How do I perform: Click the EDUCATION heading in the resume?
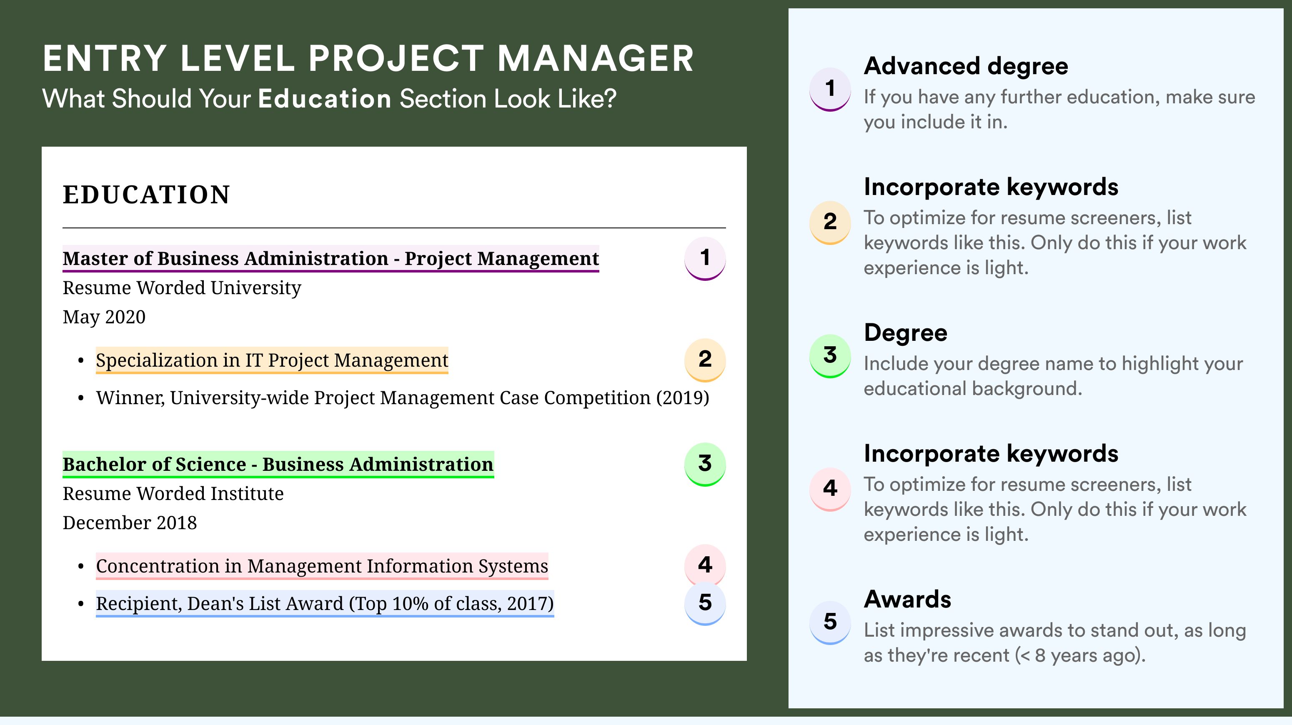(x=146, y=195)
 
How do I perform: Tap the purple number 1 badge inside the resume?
(x=705, y=258)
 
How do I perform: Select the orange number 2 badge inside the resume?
(x=705, y=360)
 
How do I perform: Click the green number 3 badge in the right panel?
(x=830, y=355)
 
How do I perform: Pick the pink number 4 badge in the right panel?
(x=830, y=489)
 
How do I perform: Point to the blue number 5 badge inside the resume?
(x=705, y=603)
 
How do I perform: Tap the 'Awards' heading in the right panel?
(x=907, y=599)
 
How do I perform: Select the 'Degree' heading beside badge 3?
(x=905, y=333)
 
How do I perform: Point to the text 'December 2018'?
(x=129, y=523)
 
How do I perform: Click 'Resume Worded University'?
(x=182, y=288)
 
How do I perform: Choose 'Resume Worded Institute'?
(x=173, y=494)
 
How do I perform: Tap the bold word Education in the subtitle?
(x=325, y=99)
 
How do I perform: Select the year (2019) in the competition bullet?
(x=683, y=398)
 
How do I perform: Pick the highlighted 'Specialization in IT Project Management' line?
(x=272, y=360)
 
